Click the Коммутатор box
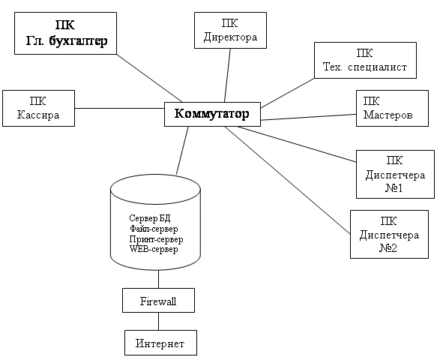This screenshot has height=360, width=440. click(212, 114)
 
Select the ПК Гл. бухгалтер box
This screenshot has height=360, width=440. click(65, 33)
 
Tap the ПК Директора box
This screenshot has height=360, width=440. click(230, 30)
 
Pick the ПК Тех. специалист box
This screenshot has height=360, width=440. click(365, 60)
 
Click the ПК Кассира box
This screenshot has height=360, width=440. click(38, 109)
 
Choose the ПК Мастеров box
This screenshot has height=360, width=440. click(392, 109)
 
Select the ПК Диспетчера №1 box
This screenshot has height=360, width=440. click(395, 175)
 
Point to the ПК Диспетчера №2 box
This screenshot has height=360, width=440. click(390, 234)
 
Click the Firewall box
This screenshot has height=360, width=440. click(159, 300)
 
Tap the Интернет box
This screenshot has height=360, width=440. click(161, 343)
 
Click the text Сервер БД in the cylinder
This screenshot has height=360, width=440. click(150, 218)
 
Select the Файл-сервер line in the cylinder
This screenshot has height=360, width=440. click(154, 229)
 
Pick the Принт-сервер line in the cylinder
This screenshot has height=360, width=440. click(157, 239)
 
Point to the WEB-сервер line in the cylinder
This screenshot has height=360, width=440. click(154, 249)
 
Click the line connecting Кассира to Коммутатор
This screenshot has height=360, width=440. click(119, 109)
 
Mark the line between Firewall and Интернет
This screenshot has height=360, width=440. click(159, 322)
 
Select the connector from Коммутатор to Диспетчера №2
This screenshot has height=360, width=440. click(288, 180)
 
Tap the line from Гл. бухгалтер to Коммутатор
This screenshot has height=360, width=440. click(150, 78)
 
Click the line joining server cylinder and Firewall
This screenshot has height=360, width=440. click(159, 279)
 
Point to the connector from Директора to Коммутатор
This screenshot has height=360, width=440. click(227, 76)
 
